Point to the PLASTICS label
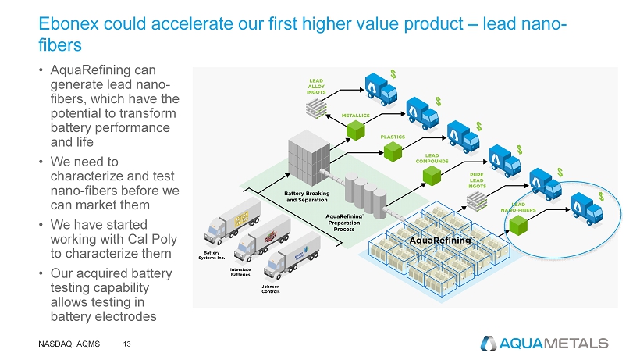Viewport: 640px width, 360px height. pyautogui.click(x=393, y=137)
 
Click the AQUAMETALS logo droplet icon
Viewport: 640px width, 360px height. pyautogui.click(x=489, y=343)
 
